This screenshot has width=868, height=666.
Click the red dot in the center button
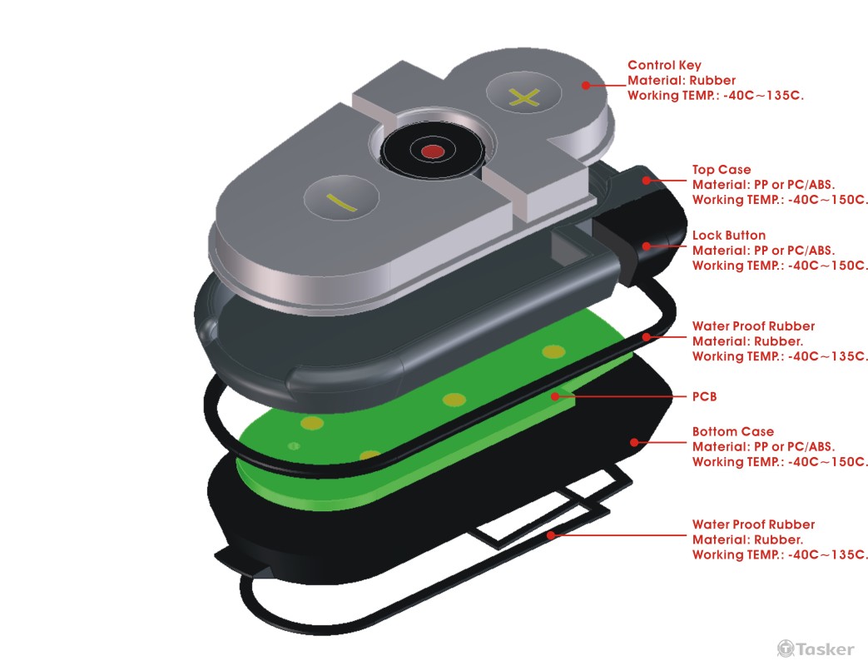[432, 152]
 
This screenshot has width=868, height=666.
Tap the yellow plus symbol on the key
[523, 98]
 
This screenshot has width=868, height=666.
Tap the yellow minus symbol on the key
[341, 202]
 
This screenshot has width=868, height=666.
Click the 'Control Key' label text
[664, 65]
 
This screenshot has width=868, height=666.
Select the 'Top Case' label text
[722, 169]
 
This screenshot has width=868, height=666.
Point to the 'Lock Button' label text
[729, 236]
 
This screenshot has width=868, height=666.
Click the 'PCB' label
[704, 396]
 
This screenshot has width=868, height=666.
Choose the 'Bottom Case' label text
[733, 431]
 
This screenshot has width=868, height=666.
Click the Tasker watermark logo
[815, 649]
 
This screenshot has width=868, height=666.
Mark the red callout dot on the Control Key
[585, 85]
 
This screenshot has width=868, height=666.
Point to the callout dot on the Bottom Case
[634, 442]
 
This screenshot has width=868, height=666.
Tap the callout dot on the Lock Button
[646, 246]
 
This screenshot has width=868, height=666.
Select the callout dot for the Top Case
[646, 181]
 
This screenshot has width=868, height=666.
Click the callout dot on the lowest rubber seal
[551, 534]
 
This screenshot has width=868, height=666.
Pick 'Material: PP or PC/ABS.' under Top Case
[763, 185]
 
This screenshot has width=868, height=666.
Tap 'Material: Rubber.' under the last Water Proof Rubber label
[747, 539]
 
